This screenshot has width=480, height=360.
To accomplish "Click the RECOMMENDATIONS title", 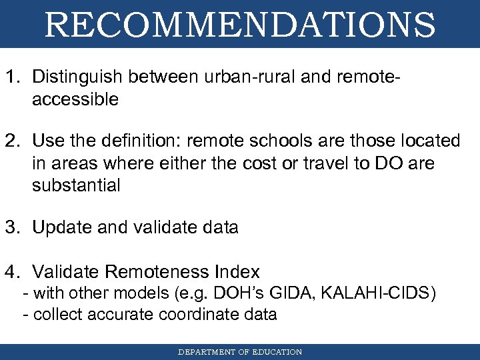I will point(240,25).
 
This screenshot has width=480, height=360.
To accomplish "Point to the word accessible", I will point(75,100).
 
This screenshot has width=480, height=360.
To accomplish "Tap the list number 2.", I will point(12,141).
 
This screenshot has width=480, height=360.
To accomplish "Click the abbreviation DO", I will point(382,163).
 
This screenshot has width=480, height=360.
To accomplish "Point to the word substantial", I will point(76,185).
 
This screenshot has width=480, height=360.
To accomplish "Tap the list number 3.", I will point(12,227).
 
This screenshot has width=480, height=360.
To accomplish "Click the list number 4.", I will point(12,272).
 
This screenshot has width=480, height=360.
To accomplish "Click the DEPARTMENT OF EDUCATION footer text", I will point(240,352).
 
